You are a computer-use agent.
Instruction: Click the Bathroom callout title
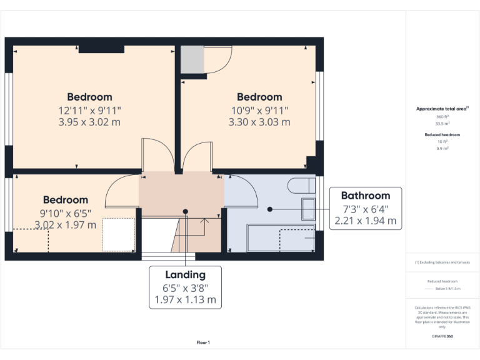coord(366,195)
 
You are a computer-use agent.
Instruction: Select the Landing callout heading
coord(185,274)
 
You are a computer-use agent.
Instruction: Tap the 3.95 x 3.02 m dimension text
coord(89,122)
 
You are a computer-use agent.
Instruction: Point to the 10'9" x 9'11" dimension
coord(259,110)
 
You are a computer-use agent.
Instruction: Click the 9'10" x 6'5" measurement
coord(66,212)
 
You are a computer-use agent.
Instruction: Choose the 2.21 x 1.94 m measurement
coord(366,220)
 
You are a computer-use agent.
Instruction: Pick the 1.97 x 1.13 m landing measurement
coord(185,299)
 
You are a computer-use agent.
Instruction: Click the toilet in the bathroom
coord(302,185)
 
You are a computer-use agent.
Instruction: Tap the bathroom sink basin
coord(308,209)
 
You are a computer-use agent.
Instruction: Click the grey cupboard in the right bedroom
coord(192,59)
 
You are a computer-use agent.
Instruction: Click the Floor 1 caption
coord(203,342)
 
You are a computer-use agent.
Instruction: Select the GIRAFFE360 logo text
coord(442,336)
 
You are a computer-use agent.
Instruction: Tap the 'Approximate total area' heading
coord(442,109)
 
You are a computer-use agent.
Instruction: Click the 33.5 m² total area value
coord(442,123)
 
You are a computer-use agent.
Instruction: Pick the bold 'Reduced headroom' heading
coord(442,134)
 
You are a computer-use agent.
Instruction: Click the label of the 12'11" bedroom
coord(89,97)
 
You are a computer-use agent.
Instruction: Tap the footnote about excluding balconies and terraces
coord(442,262)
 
